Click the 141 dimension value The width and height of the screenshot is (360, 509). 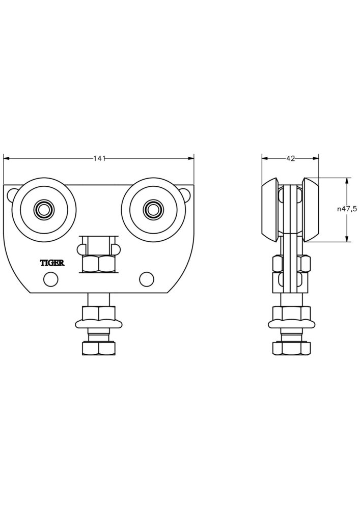[x=99, y=158]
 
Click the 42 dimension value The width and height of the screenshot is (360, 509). [x=290, y=158]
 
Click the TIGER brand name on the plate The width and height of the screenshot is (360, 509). [x=52, y=263]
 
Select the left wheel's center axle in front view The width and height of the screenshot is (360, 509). [x=44, y=209]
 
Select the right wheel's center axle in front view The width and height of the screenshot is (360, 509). [x=151, y=209]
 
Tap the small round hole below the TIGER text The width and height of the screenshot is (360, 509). [x=50, y=279]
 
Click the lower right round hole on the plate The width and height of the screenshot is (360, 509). [x=146, y=278]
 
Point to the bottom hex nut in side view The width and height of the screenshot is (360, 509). [x=291, y=348]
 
